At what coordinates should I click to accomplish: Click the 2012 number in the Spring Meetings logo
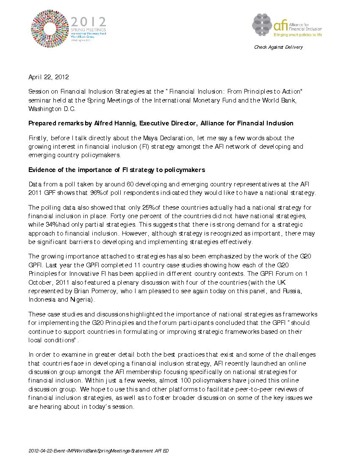(89, 22)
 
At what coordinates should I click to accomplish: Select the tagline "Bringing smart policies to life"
(298, 34)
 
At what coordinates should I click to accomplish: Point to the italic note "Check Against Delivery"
(278, 47)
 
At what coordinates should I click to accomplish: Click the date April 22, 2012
(48, 77)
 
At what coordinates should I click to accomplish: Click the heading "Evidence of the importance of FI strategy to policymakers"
(116, 170)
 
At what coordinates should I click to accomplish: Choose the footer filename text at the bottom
(98, 451)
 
